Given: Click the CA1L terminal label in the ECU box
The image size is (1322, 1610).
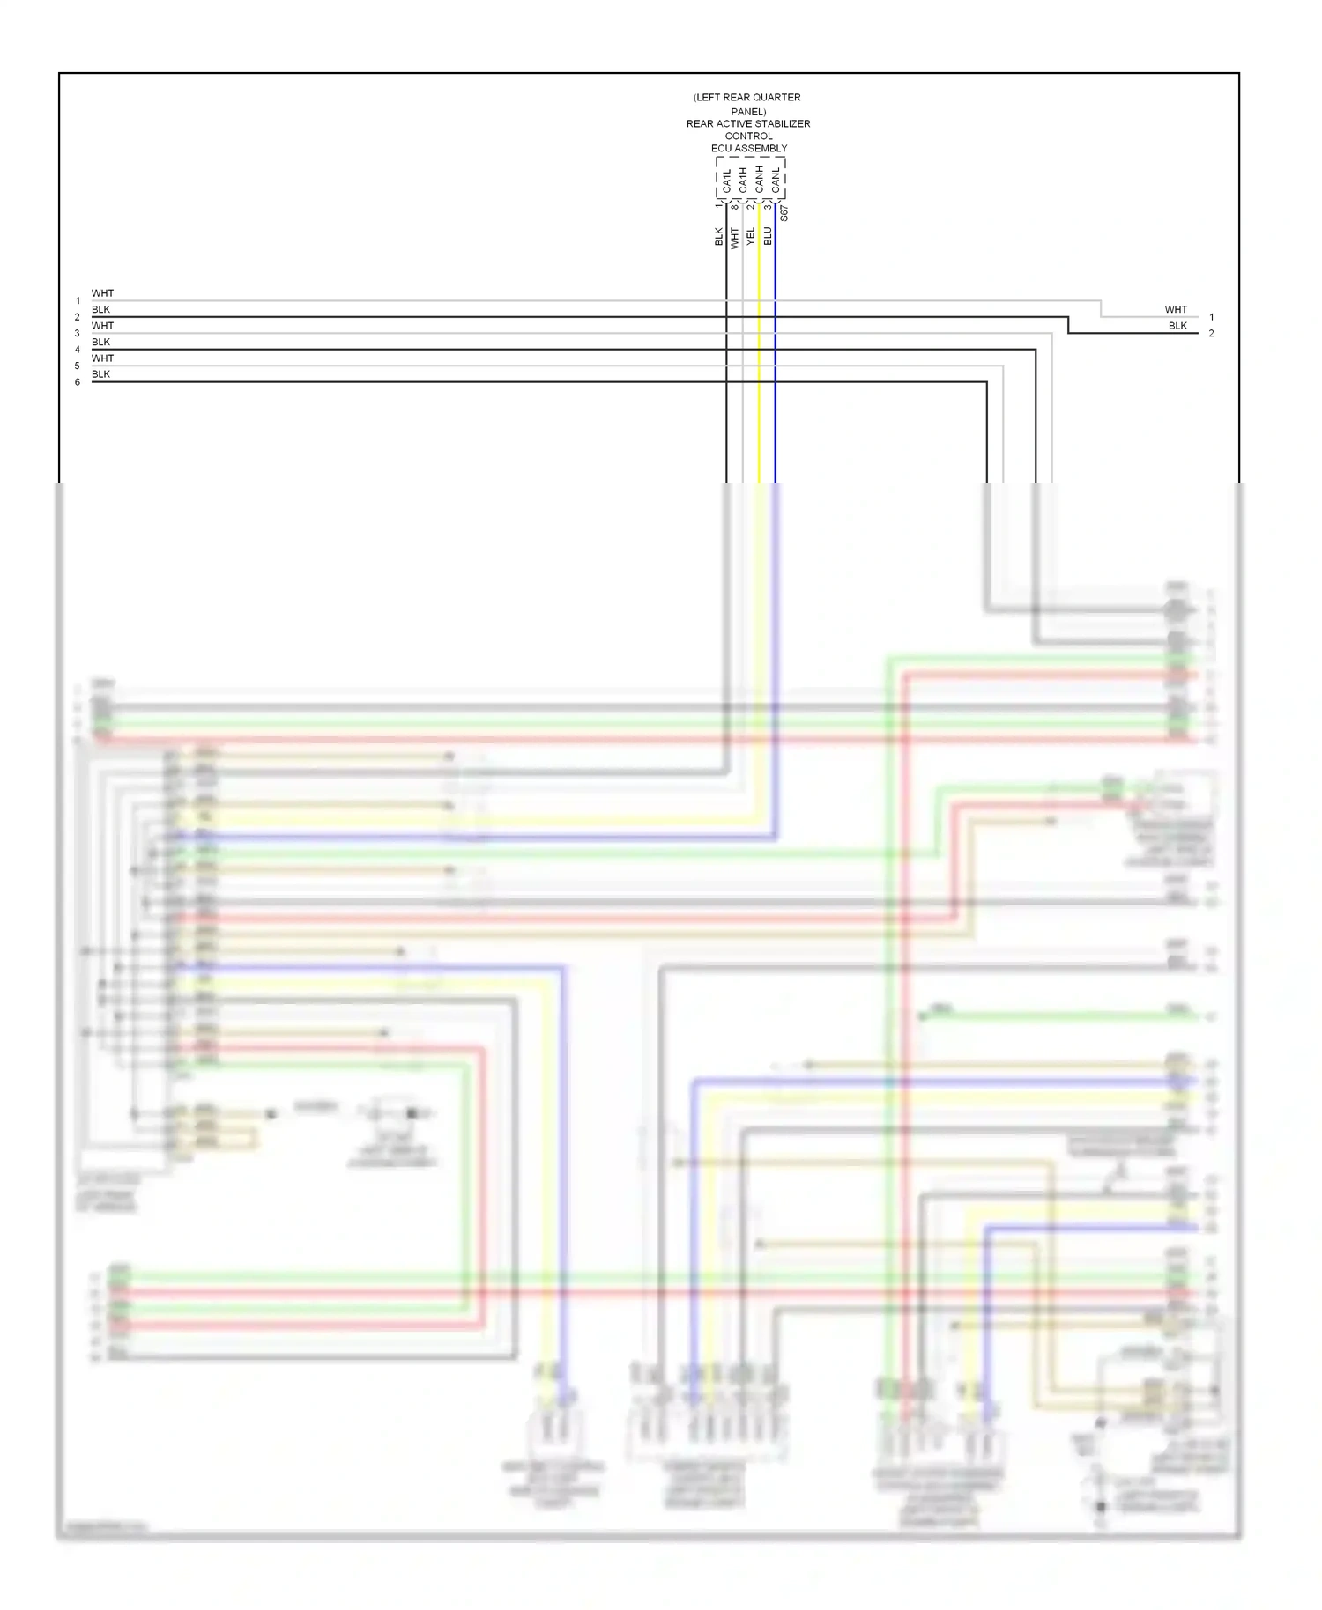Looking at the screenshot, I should (727, 181).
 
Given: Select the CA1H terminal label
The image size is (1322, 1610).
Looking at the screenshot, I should (743, 181).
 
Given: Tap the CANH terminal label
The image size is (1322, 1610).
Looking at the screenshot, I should (759, 180).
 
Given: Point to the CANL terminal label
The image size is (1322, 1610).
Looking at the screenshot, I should (776, 181).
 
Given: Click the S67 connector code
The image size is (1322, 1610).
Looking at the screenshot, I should (784, 213).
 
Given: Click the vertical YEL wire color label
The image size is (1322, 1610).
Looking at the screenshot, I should (751, 236).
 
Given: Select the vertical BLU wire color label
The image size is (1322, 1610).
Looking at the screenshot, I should (768, 236).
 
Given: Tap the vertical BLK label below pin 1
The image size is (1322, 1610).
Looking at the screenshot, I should (718, 236).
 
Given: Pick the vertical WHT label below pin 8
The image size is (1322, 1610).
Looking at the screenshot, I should (734, 236).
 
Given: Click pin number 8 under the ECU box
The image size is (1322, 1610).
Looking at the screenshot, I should (734, 207).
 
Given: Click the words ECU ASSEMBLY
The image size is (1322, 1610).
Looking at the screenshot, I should (749, 149).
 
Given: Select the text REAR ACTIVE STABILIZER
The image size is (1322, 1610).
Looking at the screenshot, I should (748, 124).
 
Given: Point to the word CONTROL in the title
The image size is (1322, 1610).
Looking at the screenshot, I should (748, 137).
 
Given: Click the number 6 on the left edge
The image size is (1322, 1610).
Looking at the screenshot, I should (78, 382).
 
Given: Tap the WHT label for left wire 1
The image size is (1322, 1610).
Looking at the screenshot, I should (102, 293).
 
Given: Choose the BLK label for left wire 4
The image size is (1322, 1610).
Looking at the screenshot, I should (101, 342).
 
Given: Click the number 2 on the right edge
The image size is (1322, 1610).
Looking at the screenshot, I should (1211, 334).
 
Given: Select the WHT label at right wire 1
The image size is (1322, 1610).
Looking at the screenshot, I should (1176, 309).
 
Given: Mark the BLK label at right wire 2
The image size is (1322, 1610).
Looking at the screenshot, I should (1177, 326).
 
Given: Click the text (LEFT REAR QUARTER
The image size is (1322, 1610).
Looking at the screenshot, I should (747, 98).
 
